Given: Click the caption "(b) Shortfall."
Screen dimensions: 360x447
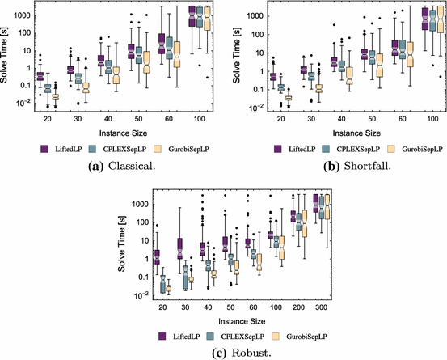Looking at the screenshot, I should pos(336,164).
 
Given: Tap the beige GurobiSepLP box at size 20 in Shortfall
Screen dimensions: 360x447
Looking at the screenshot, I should pos(289,99).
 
